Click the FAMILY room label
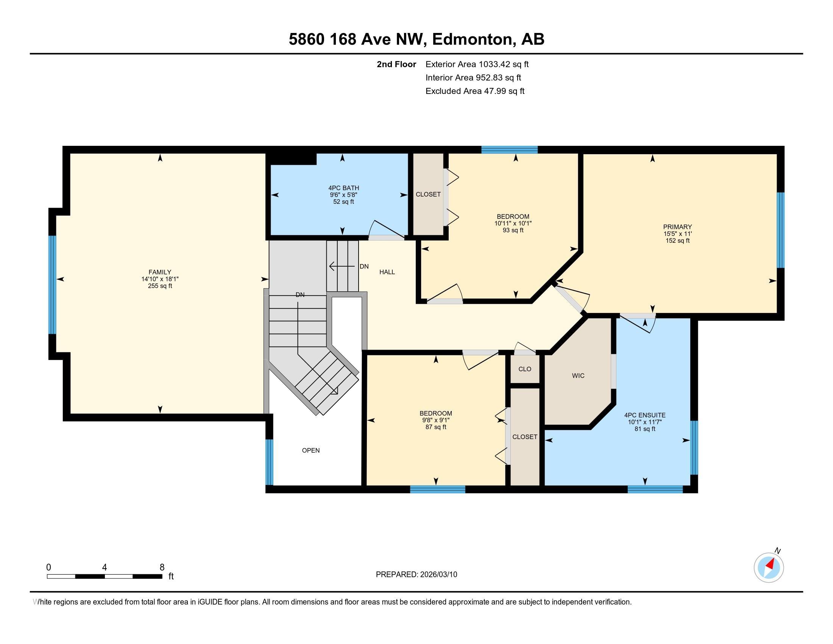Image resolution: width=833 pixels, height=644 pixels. coord(160,272)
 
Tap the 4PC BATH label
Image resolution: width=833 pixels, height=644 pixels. coord(344,188)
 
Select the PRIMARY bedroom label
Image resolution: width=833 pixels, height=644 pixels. coord(677,227)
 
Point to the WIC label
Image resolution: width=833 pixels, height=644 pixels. coord(578,376)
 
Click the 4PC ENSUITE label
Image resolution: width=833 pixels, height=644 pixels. coord(645,415)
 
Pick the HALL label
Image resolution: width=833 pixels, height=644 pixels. coord(387,272)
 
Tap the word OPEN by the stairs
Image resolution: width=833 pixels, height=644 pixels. coord(311,450)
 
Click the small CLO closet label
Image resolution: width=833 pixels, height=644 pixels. coord(525,369)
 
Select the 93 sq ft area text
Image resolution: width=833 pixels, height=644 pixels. coord(513,230)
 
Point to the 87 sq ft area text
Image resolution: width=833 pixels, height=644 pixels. coord(436,427)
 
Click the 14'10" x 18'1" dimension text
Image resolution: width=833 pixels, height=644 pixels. coord(160,279)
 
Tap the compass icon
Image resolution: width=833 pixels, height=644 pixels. coord(769,567)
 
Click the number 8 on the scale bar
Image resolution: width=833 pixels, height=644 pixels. coord(162,567)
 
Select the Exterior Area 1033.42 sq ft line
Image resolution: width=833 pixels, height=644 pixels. coord(477,64)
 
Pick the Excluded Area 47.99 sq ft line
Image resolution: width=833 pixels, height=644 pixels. coord(475,91)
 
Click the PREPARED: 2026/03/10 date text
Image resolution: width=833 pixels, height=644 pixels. coord(416,575)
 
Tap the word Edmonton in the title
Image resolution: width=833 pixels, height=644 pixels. coord(472,39)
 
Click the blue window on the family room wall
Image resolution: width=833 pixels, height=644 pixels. coord(52,284)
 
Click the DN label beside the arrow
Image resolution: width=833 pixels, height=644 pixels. coord(364,266)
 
